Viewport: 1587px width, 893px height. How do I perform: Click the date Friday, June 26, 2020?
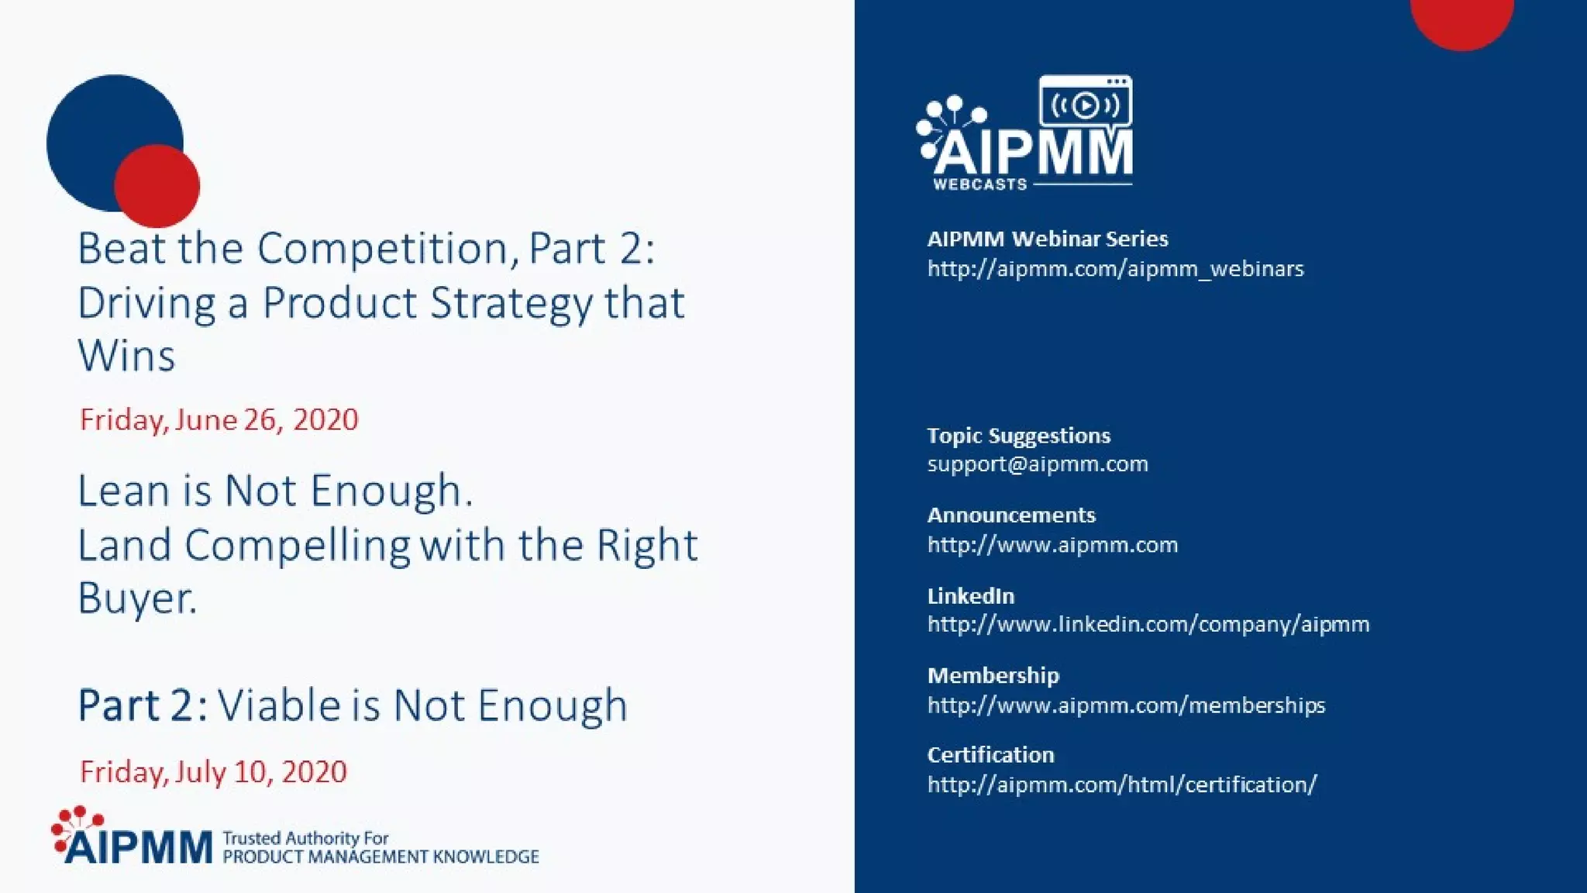(x=219, y=419)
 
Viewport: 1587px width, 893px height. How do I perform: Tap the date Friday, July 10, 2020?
(x=213, y=771)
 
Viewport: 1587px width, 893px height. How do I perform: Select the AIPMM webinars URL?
(x=1115, y=269)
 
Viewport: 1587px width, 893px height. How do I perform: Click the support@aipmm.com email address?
(x=1037, y=464)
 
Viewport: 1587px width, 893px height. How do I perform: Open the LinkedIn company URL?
(x=1148, y=624)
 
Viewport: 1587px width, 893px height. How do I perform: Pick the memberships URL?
(x=1126, y=705)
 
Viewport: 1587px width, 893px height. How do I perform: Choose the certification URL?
(x=1121, y=784)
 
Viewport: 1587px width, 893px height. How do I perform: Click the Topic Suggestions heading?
(x=1018, y=436)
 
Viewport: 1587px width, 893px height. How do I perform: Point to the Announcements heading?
(x=1011, y=515)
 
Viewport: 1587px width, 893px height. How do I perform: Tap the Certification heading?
(x=990, y=755)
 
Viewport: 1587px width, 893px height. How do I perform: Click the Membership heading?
(x=993, y=675)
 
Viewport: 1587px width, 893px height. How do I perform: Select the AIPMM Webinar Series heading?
(x=1047, y=239)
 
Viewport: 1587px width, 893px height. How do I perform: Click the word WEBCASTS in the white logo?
(x=979, y=184)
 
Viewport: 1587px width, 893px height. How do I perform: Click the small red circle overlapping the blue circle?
(x=157, y=186)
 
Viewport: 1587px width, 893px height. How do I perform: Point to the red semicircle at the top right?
(x=1461, y=19)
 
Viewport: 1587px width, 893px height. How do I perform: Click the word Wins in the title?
(x=126, y=356)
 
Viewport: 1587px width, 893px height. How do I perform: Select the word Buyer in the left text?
(x=136, y=598)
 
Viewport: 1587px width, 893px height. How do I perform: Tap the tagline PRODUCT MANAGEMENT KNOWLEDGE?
(x=380, y=857)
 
